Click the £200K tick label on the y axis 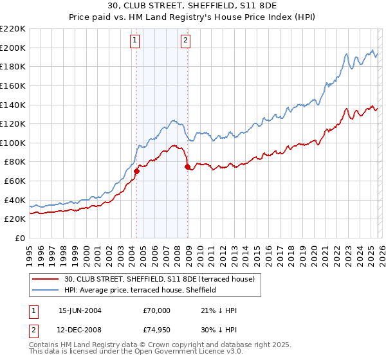13,48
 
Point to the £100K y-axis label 13,143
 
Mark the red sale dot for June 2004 136,172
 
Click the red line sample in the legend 46,279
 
